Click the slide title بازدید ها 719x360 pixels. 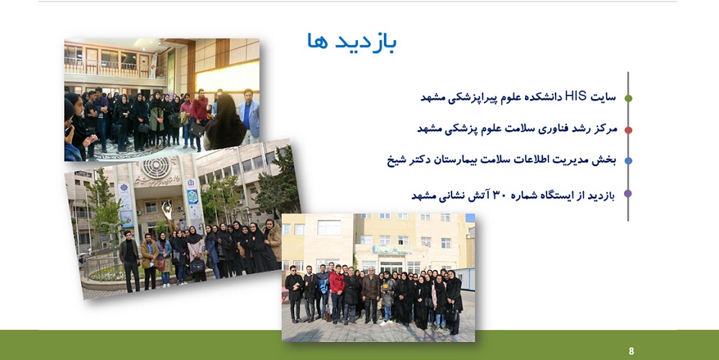(352, 42)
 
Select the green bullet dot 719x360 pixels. (628, 98)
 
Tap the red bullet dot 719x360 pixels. (628, 130)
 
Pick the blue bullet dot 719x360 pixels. (628, 161)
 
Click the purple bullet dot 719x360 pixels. (628, 194)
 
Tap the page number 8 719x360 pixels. (631, 351)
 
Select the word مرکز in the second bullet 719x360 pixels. (605, 129)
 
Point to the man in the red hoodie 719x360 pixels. (337, 293)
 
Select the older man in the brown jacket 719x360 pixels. (370, 295)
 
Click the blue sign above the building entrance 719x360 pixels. (391, 249)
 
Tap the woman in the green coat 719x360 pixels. (157, 119)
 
